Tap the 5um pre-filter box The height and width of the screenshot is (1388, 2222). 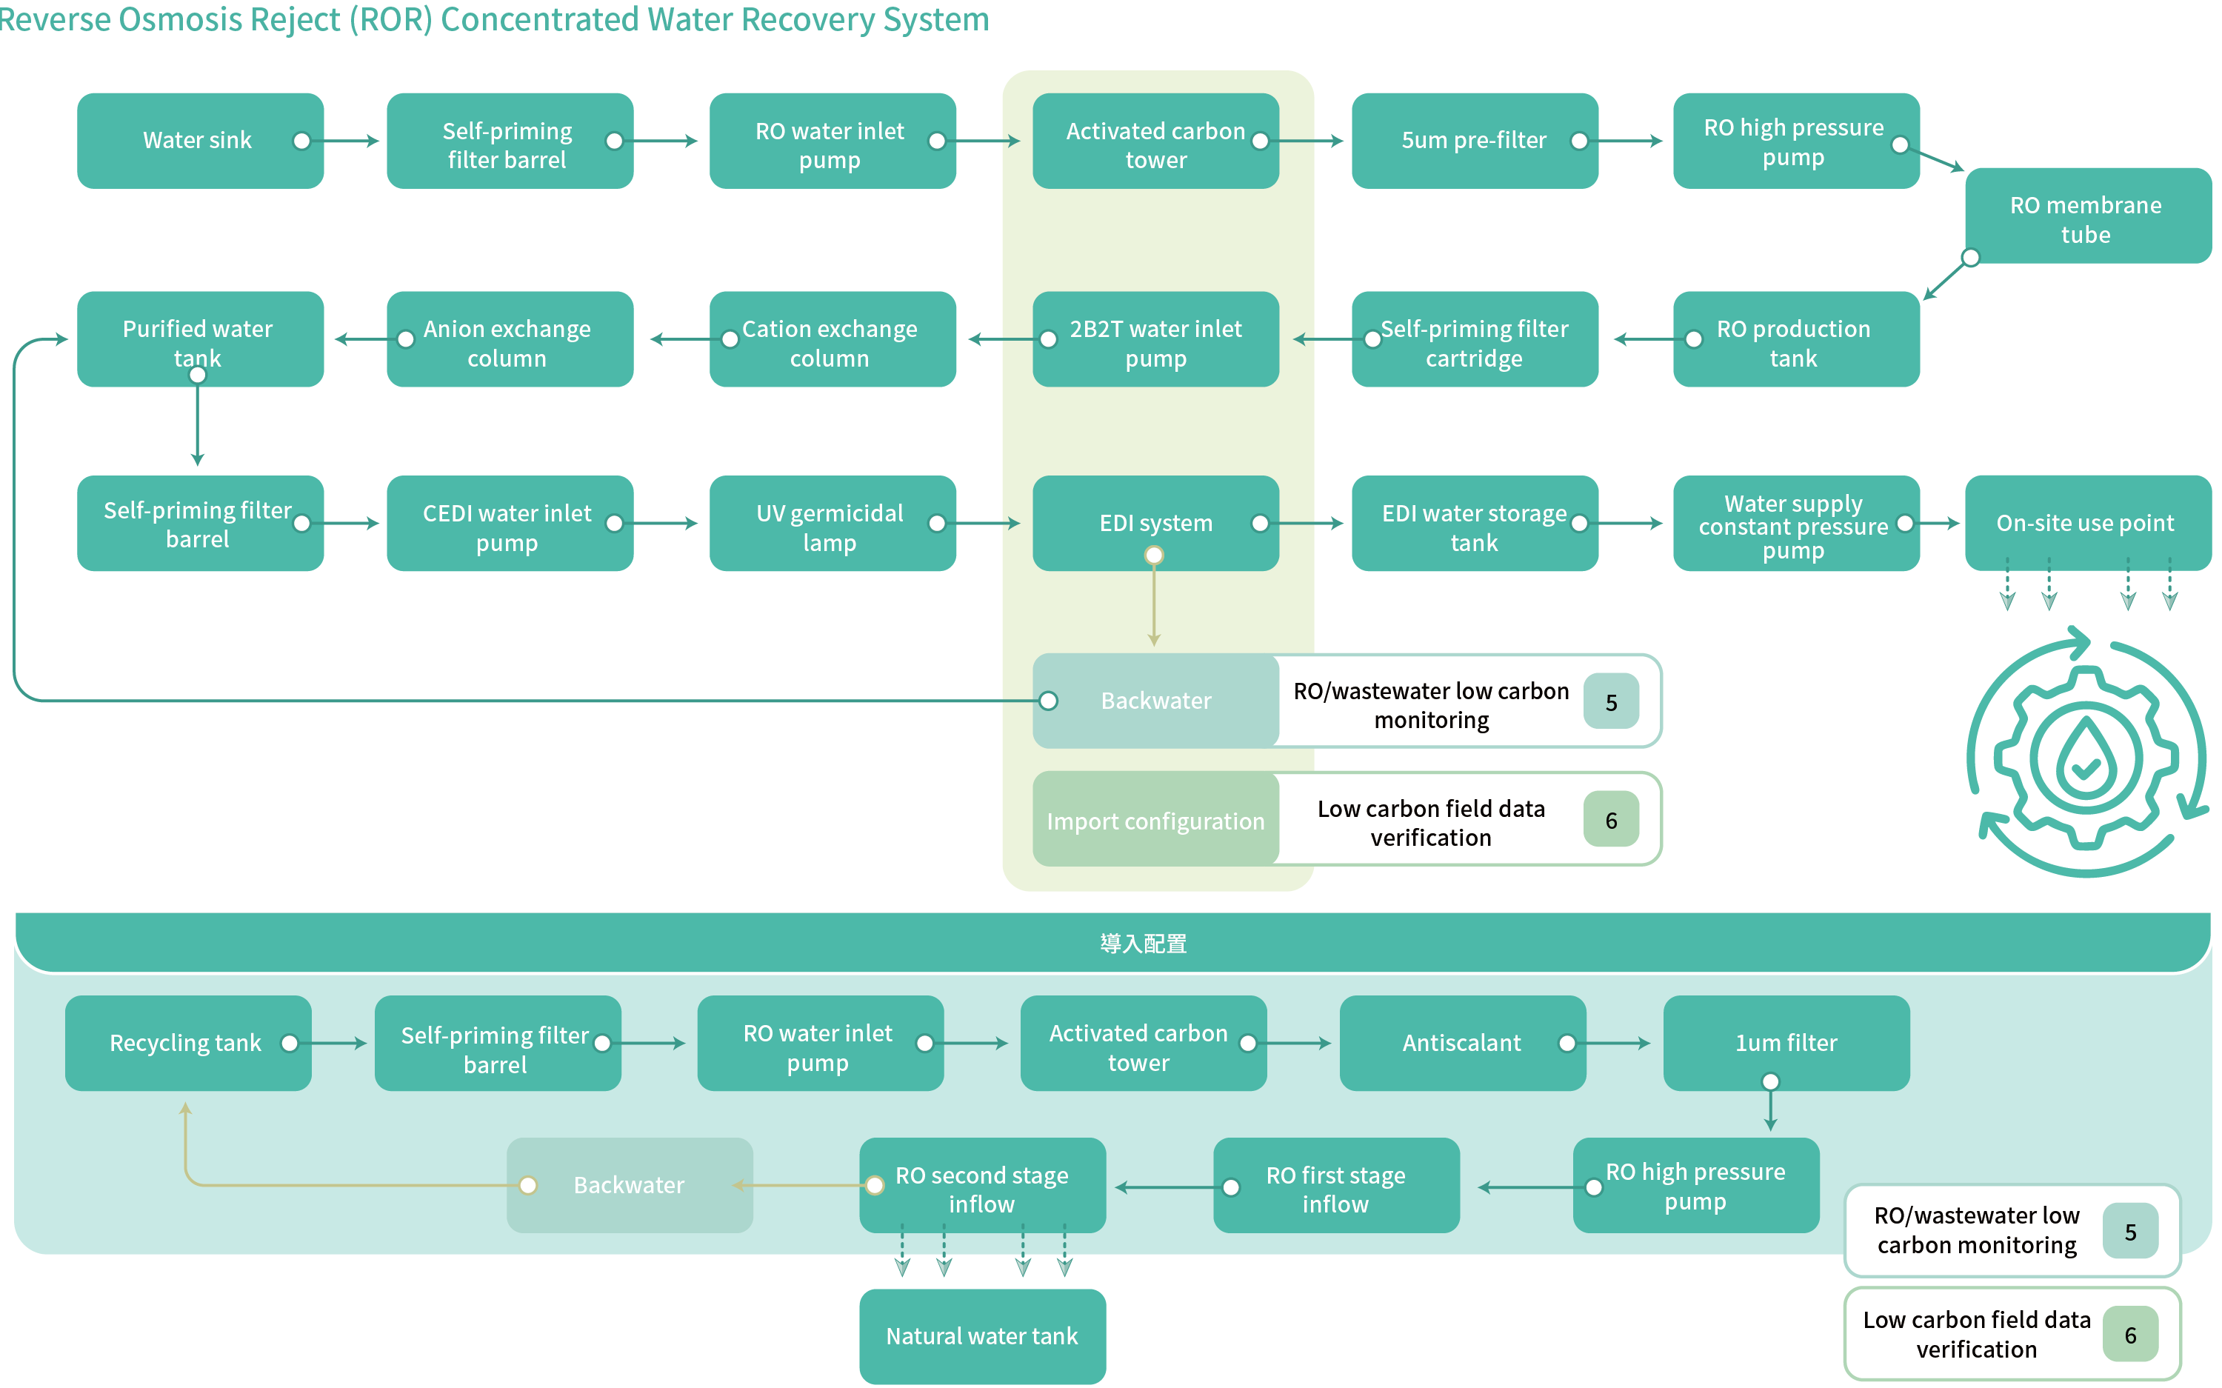coord(1473,141)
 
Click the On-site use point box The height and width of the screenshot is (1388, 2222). coord(2086,522)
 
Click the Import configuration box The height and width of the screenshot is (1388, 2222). coord(1155,820)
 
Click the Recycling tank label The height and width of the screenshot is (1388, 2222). coord(185,1043)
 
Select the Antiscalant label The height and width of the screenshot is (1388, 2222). coord(1461,1043)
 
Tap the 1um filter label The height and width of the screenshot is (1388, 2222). coord(1785,1043)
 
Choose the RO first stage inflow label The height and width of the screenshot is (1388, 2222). coord(1335,1189)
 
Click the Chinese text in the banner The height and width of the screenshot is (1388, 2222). coord(1143,944)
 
